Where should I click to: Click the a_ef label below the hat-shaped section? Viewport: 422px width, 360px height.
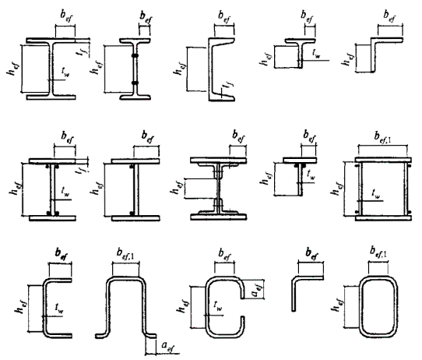click(x=168, y=347)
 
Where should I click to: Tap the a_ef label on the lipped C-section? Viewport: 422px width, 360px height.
click(x=257, y=289)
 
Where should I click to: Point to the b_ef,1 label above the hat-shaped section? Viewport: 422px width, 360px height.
click(x=125, y=255)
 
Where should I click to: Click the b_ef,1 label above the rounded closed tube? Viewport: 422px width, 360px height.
click(x=378, y=252)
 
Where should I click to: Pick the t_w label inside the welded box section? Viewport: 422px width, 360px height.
click(x=376, y=193)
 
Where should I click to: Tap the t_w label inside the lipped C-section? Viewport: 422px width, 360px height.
click(x=218, y=306)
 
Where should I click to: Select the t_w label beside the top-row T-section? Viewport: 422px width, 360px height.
click(x=316, y=53)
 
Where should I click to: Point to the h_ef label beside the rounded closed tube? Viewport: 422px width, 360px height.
click(x=336, y=305)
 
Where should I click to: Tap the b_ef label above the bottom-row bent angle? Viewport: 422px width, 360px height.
click(x=311, y=255)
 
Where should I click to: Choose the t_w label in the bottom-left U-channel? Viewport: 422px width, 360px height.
click(x=59, y=309)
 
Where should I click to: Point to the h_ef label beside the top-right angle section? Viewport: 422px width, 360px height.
click(x=347, y=59)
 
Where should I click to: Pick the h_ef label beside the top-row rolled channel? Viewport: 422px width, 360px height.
click(x=178, y=69)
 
